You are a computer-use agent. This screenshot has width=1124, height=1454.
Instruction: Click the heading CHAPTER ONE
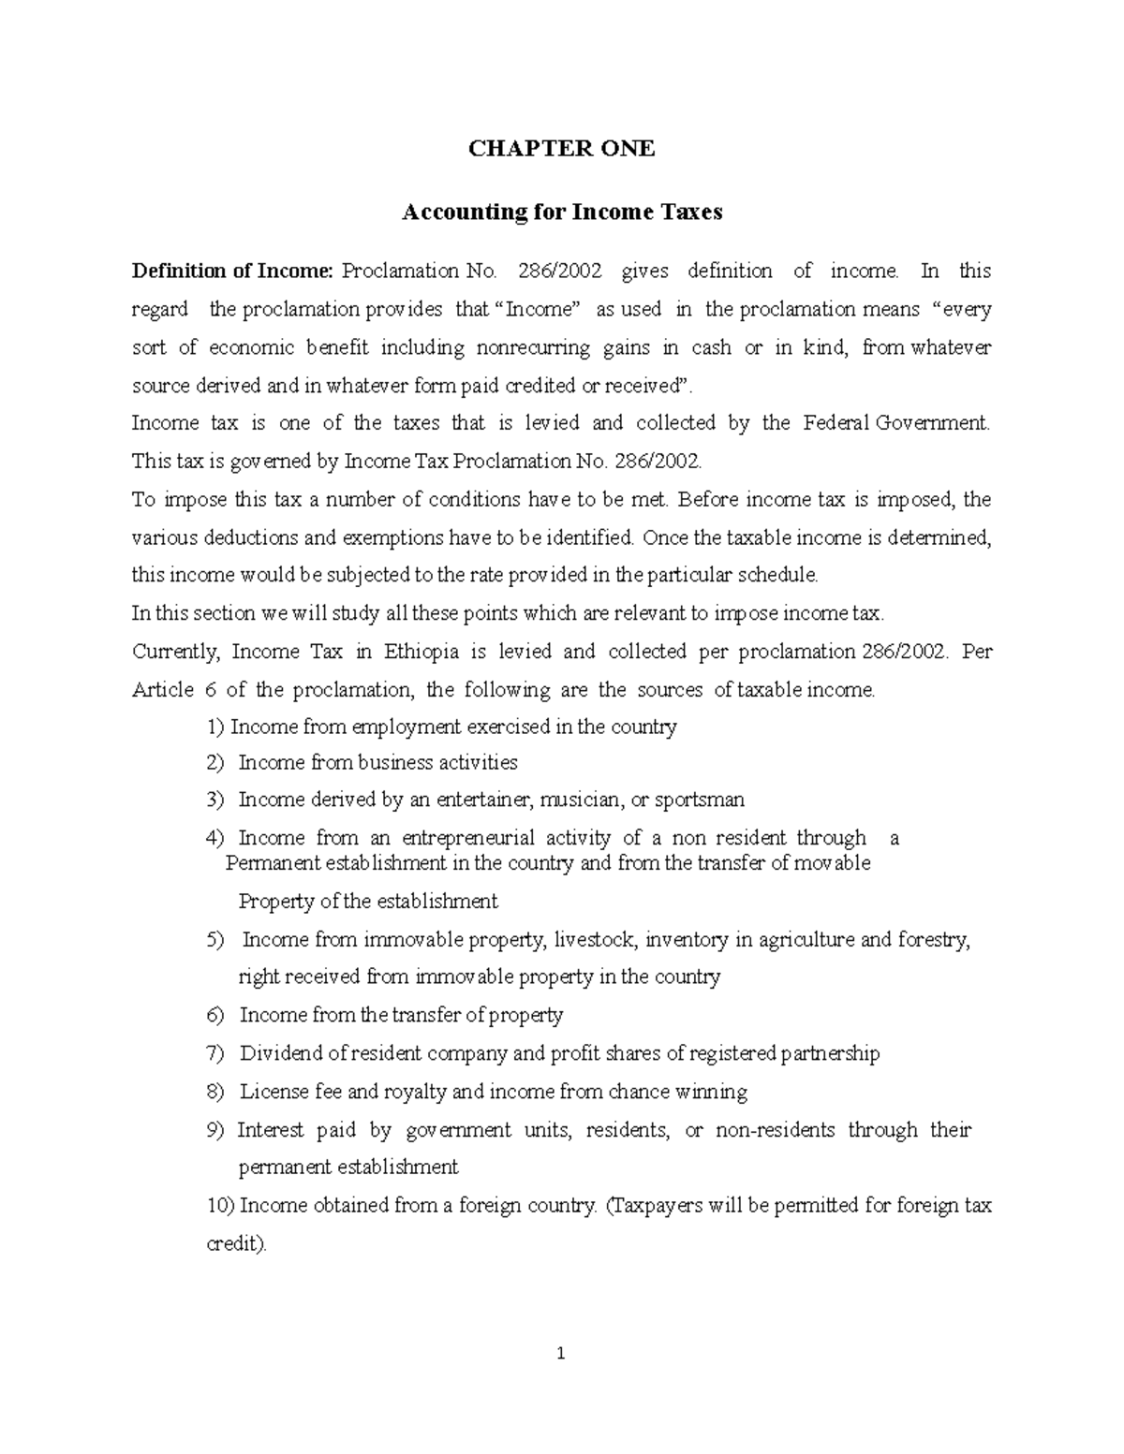pos(561,148)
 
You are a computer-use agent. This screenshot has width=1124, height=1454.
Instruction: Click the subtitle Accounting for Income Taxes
pos(561,213)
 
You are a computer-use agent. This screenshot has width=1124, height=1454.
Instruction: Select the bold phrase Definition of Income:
pos(232,272)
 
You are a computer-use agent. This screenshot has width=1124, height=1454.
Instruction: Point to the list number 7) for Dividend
pos(215,1054)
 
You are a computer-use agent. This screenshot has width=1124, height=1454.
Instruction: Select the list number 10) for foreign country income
pos(220,1206)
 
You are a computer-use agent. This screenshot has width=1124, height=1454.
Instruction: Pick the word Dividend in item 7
pos(281,1054)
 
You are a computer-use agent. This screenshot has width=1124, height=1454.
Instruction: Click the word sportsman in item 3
pos(700,800)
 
